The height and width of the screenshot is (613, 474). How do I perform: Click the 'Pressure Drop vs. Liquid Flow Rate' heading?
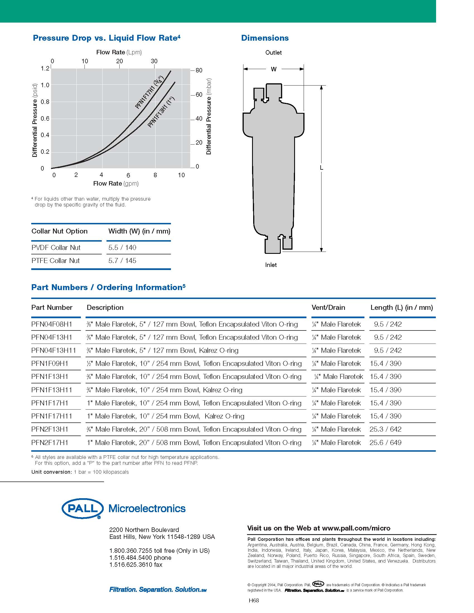point(107,38)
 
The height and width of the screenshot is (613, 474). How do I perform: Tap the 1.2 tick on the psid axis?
point(45,69)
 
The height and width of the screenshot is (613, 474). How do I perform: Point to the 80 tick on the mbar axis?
point(199,70)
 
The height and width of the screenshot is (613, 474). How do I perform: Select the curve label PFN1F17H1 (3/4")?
point(149,92)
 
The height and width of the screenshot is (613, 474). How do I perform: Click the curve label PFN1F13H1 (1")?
point(161,112)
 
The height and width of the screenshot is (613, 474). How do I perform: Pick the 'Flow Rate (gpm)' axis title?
point(116,184)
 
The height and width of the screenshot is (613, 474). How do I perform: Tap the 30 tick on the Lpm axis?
point(154,61)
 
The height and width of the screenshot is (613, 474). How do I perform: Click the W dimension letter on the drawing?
point(274,69)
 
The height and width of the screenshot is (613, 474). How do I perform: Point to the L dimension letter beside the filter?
point(321,168)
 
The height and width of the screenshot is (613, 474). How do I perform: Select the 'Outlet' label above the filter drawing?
point(273,53)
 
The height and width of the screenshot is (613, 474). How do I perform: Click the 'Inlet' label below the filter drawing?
point(271,265)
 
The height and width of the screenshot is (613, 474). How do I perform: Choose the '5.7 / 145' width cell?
point(122,261)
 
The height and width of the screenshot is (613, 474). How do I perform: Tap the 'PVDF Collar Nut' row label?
point(56,247)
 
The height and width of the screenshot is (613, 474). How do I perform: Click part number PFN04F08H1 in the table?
point(52,324)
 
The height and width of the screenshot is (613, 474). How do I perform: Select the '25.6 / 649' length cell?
point(385,443)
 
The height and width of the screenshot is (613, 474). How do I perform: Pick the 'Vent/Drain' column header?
point(328,308)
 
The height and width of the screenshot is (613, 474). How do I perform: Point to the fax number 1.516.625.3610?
point(136,565)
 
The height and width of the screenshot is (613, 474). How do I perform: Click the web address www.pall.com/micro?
point(356,528)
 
